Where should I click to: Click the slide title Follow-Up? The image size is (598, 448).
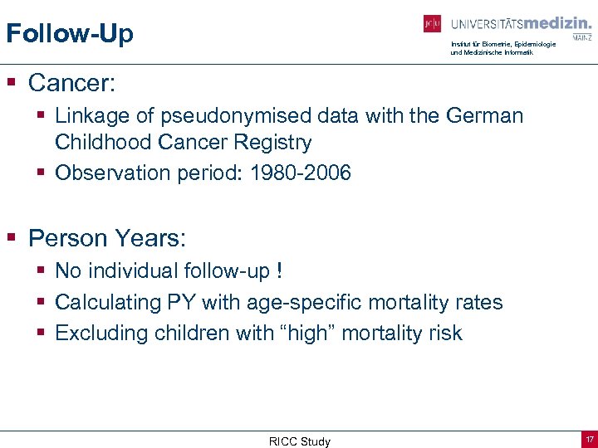(x=69, y=34)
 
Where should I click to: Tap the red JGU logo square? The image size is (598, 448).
(x=432, y=24)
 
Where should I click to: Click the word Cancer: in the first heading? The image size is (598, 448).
(x=72, y=83)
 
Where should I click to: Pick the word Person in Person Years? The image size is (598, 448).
(x=64, y=238)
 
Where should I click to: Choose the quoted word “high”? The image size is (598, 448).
(x=305, y=334)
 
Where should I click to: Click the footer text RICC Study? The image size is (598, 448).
(x=299, y=441)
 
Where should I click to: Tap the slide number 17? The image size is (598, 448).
(x=588, y=440)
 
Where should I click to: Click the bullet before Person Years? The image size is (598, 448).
(x=12, y=238)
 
